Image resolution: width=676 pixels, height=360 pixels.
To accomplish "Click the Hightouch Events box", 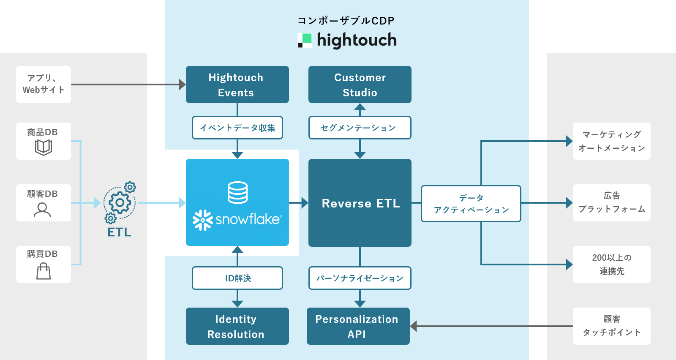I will tap(237, 85).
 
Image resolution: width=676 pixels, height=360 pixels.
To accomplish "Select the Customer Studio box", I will tap(360, 85).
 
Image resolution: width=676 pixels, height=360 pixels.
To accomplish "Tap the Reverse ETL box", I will tap(360, 203).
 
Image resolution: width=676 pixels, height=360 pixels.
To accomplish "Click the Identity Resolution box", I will tap(237, 326).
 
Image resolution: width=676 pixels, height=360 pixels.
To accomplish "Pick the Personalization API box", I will tap(358, 326).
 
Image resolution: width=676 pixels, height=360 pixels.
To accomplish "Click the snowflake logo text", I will tap(248, 219).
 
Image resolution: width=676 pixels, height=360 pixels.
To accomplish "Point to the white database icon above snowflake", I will tap(237, 192).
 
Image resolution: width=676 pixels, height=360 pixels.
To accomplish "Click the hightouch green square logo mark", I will tap(305, 40).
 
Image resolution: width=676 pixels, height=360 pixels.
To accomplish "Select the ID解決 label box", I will tap(237, 278).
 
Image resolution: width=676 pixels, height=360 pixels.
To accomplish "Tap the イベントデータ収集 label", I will tap(237, 128).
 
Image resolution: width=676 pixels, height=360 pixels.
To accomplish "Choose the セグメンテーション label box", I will tap(360, 128).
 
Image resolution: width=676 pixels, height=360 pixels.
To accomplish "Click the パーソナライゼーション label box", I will tap(360, 278).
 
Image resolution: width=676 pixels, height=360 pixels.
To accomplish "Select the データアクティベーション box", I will tap(471, 204).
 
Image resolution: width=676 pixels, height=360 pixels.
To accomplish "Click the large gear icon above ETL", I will tap(120, 203).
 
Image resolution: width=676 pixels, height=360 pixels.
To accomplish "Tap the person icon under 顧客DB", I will tap(42, 210).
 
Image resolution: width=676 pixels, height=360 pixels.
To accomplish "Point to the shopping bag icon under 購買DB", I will tap(43, 271).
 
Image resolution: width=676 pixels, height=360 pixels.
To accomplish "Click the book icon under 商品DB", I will tap(43, 147).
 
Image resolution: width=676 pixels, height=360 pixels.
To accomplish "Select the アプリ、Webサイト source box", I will tap(43, 85).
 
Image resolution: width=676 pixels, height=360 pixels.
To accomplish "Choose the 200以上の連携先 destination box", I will tap(611, 265).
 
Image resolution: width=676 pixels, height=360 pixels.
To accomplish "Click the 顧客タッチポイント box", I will tap(611, 326).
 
